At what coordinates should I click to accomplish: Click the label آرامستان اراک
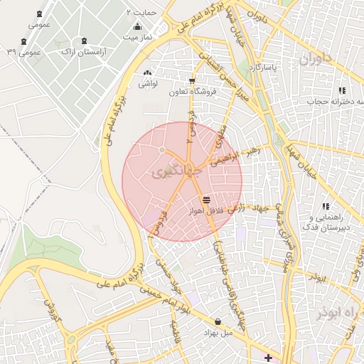pyautogui.click(x=75, y=52)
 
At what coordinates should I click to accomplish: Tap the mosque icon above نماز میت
pyautogui.click(x=137, y=26)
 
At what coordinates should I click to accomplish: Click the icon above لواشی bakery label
pyautogui.click(x=147, y=73)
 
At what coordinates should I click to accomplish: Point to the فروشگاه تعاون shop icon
pyautogui.click(x=191, y=80)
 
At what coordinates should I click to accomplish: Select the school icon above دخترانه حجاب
pyautogui.click(x=342, y=90)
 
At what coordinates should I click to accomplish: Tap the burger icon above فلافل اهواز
pyautogui.click(x=206, y=200)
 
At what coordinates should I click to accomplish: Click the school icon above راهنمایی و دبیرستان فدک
pyautogui.click(x=326, y=206)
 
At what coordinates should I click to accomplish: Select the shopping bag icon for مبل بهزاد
pyautogui.click(x=217, y=322)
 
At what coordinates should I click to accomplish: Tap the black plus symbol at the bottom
pyautogui.click(x=267, y=357)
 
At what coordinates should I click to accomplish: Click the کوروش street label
pyautogui.click(x=50, y=310)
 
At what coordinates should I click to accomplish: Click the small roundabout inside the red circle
pyautogui.click(x=163, y=150)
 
